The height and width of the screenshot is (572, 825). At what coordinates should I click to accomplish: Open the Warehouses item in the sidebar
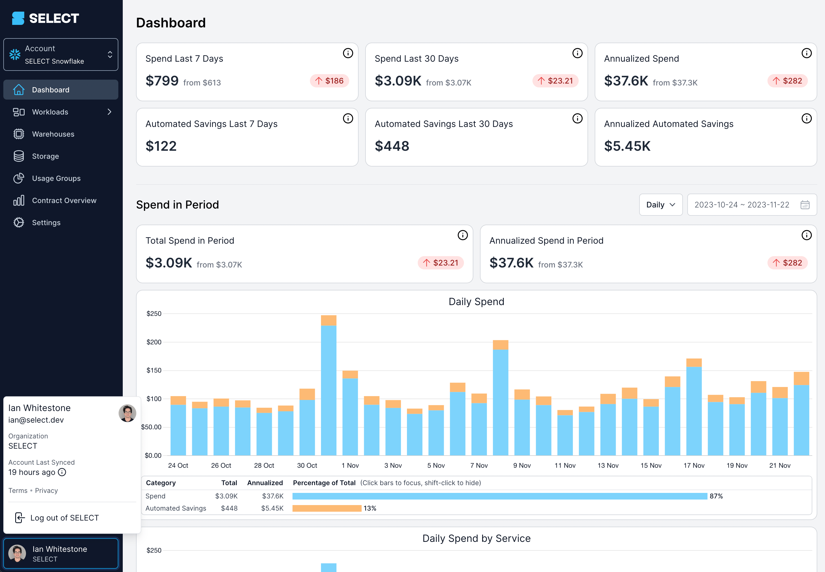coord(53,134)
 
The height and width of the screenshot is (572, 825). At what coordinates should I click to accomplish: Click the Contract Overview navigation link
coord(64,200)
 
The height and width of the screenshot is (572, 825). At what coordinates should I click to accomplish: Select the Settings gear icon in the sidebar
coord(19,223)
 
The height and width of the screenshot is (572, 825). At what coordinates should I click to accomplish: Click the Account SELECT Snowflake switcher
coord(61,54)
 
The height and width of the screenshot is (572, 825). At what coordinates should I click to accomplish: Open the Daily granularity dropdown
coord(660,205)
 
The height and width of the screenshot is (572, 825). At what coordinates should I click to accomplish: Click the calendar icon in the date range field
coord(805,205)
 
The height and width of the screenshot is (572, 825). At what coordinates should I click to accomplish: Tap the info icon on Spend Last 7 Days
coord(348,53)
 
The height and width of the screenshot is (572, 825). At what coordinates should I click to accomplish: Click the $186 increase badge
coord(329,81)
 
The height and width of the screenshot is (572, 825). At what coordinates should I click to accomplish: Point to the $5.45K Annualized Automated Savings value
coord(627,146)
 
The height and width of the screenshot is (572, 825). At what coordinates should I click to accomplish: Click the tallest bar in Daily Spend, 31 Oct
coord(328,385)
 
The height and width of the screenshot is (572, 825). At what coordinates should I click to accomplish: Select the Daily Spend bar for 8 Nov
coord(500,398)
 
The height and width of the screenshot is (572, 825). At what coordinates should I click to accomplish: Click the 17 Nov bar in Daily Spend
coord(694,407)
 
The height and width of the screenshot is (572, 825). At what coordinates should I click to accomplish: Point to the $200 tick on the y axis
coord(154,342)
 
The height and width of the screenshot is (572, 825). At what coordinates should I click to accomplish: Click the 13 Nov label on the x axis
coord(608,465)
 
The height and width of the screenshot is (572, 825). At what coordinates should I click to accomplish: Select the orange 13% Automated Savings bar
coord(327,508)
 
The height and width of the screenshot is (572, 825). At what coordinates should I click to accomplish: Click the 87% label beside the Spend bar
coord(716,496)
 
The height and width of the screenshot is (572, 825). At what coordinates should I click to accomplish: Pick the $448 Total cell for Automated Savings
coord(229,508)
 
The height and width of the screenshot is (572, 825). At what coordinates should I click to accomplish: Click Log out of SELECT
coord(64,518)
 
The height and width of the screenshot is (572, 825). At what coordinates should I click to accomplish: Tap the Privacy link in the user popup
coord(46,490)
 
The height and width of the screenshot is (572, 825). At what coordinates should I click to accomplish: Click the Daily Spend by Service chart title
coord(476,538)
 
